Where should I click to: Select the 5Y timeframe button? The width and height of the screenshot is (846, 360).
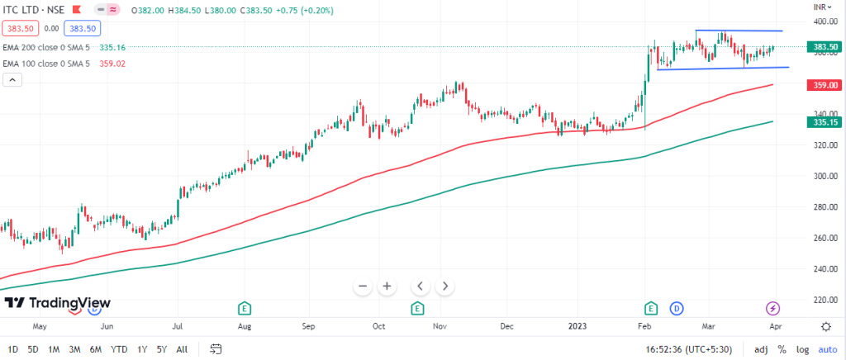pyautogui.click(x=161, y=349)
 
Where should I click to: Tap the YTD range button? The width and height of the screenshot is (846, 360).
pyautogui.click(x=118, y=349)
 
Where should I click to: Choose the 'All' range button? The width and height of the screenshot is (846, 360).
pyautogui.click(x=182, y=349)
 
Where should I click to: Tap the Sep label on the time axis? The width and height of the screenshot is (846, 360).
pyautogui.click(x=309, y=326)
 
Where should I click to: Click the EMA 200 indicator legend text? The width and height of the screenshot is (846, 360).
pyautogui.click(x=46, y=47)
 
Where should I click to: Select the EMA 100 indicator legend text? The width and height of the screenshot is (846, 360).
pyautogui.click(x=46, y=64)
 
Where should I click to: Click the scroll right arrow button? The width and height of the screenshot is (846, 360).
pyautogui.click(x=444, y=286)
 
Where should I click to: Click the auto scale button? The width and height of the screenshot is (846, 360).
pyautogui.click(x=829, y=349)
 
